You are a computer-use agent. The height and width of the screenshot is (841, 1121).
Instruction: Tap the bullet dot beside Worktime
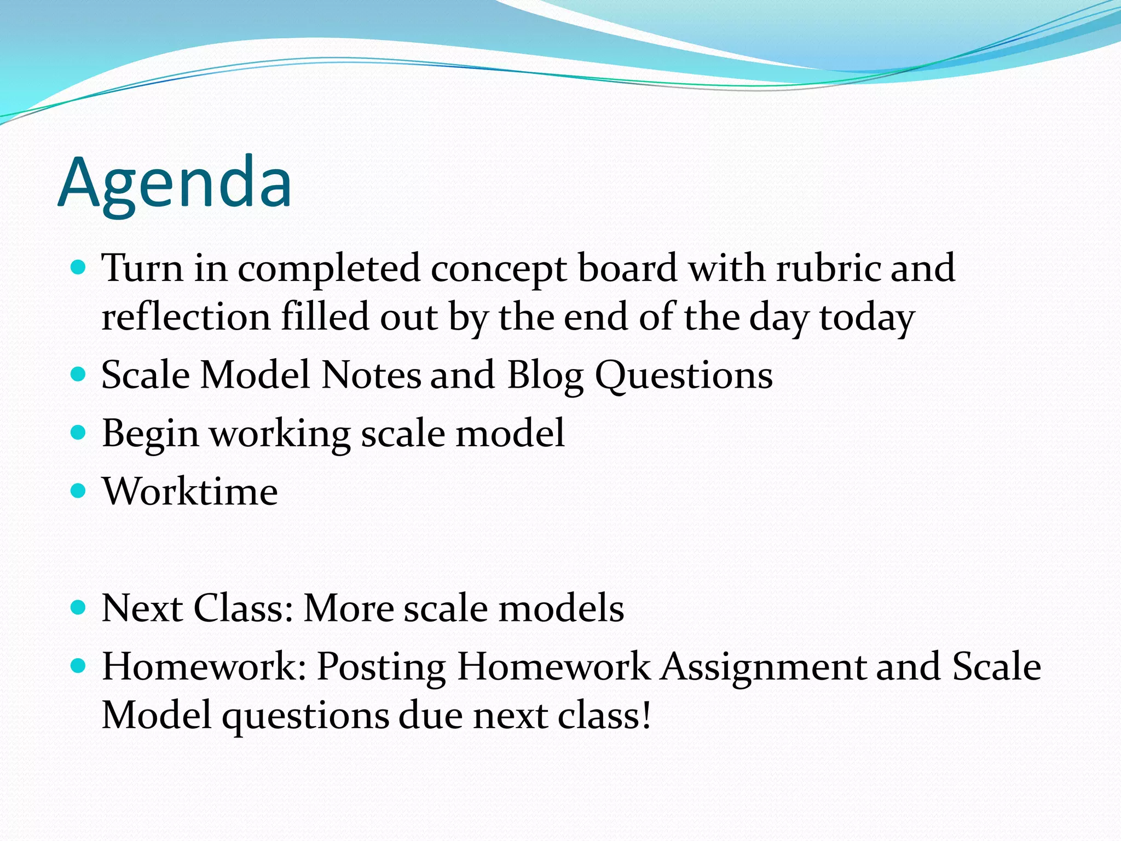coord(79,490)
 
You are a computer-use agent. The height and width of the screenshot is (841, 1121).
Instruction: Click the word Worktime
coord(190,491)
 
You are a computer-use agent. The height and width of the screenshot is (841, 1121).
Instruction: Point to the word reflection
coord(186,317)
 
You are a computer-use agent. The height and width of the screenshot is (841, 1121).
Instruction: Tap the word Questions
coord(684,376)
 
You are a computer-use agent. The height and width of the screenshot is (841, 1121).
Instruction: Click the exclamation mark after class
coord(646,715)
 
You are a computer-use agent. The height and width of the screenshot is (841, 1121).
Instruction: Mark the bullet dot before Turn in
coord(79,267)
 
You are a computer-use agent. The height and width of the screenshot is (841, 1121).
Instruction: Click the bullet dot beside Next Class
coord(79,607)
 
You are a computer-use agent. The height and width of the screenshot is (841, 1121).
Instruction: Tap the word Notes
coord(371,375)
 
